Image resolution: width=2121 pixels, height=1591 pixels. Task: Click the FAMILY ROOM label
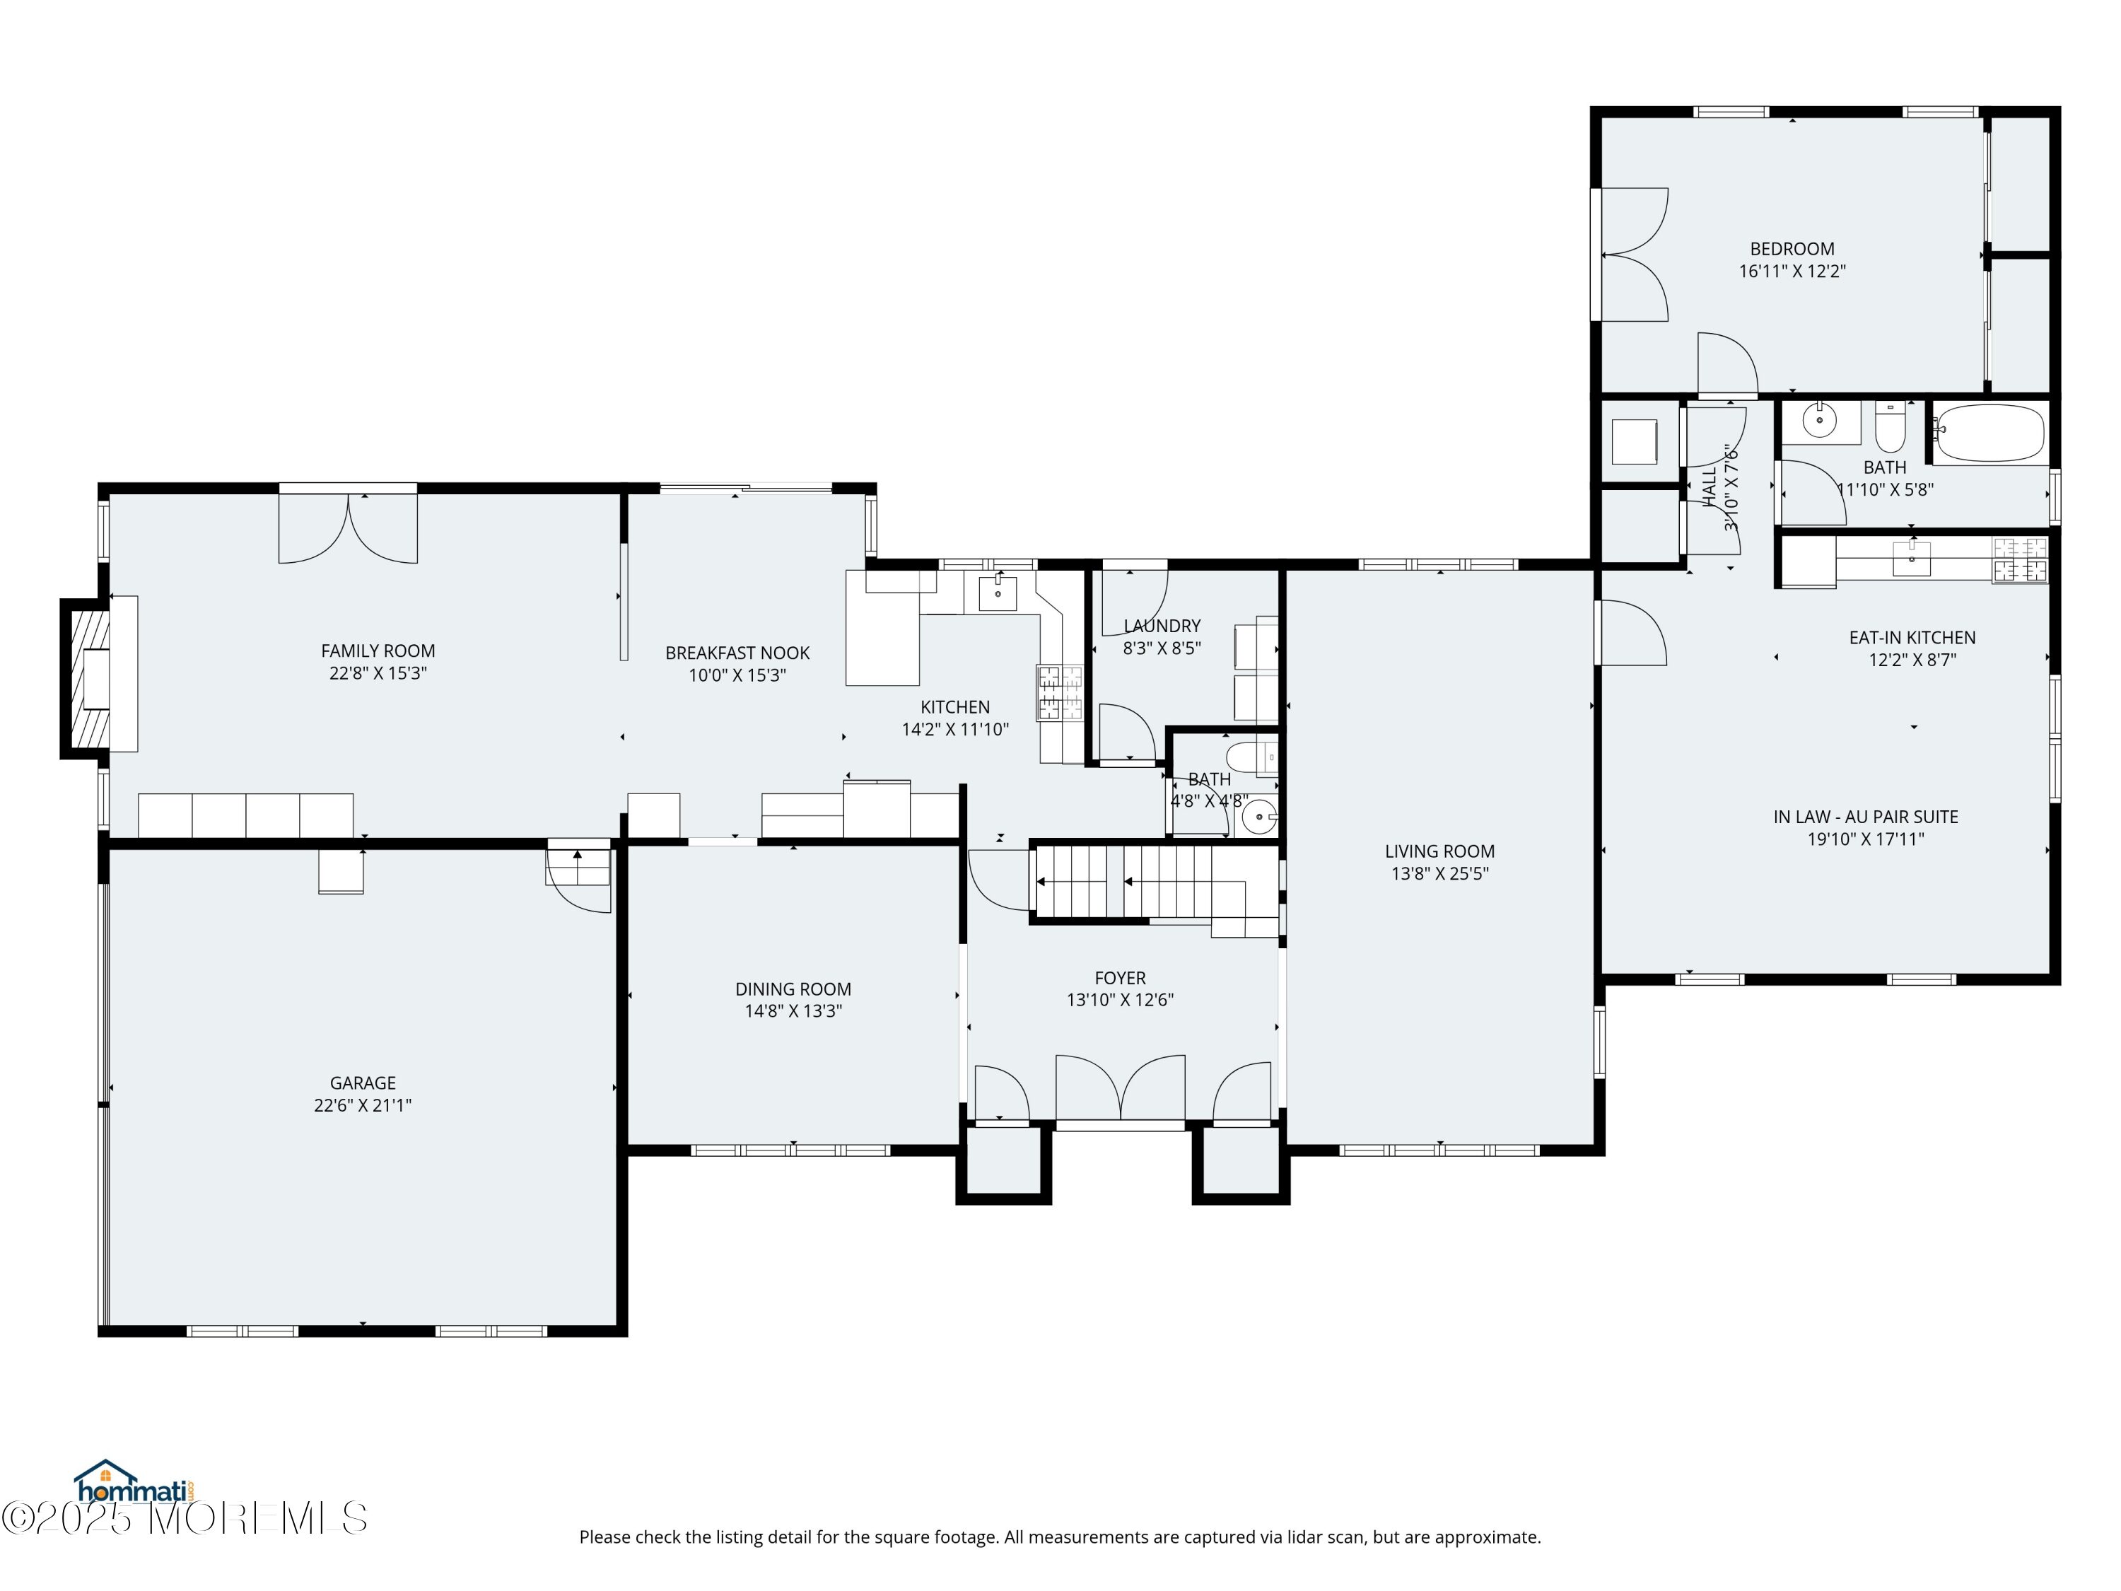pos(378,651)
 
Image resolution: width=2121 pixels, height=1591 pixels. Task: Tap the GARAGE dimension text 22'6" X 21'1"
pos(363,1105)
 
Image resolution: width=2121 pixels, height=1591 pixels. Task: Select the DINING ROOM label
pos(793,989)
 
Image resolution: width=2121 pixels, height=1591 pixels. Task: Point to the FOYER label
pos(1120,978)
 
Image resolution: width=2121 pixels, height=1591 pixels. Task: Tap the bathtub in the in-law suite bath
pos(1989,434)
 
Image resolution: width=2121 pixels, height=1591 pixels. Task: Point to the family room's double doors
pos(348,527)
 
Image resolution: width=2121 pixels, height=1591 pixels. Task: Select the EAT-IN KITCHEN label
pos(1912,638)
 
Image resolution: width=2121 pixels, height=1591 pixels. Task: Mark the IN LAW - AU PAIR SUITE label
pos(1866,817)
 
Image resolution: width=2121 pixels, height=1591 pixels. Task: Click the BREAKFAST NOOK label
pos(737,653)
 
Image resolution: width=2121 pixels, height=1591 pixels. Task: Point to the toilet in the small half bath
pos(1251,757)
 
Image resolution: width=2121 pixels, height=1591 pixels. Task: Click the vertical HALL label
pos(1711,487)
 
